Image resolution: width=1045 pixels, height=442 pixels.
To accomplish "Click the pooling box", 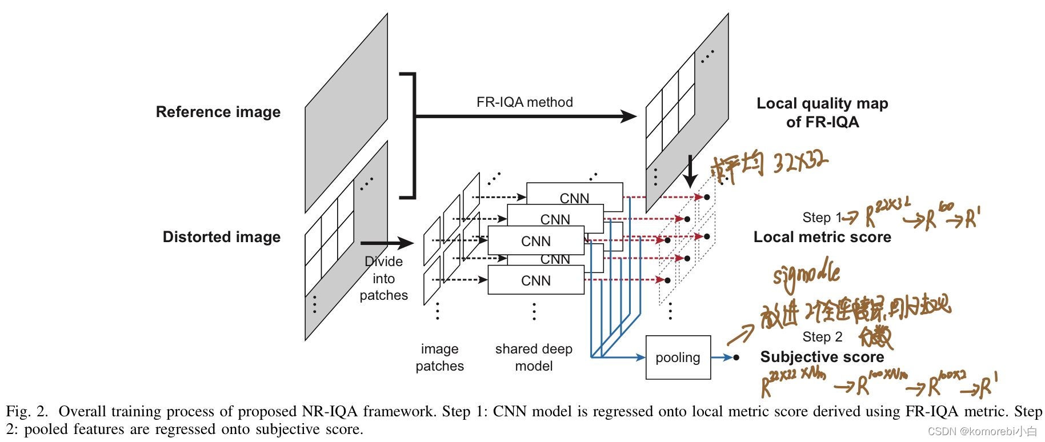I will [678, 357].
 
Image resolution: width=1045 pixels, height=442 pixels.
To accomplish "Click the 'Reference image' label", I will [218, 112].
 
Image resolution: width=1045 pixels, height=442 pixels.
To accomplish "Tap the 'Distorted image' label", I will [222, 237].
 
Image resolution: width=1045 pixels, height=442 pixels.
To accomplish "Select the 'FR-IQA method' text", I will [524, 102].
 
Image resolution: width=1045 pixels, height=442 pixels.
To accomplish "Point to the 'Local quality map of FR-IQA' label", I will [822, 112].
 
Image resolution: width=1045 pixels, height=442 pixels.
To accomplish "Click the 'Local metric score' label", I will [822, 237].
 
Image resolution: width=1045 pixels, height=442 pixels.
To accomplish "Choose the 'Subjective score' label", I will [822, 357].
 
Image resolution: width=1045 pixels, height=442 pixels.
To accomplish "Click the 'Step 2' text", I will [822, 337].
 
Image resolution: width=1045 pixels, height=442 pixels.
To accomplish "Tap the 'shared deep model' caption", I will [534, 357].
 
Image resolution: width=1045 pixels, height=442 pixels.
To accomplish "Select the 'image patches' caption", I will [439, 357].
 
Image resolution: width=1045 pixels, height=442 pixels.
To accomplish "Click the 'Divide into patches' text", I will [383, 279].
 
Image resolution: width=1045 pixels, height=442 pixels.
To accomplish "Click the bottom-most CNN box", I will [535, 280].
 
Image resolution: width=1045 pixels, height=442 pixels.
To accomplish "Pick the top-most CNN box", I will [574, 196].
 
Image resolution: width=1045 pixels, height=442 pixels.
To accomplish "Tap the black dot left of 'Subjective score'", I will [736, 357].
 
